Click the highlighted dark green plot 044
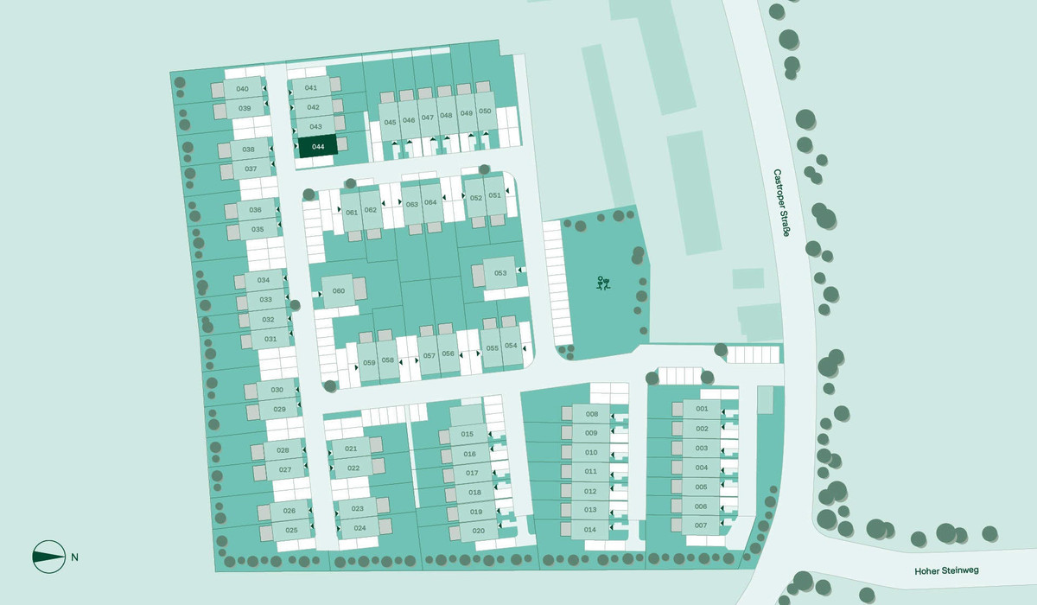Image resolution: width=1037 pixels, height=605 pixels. pos(318,146)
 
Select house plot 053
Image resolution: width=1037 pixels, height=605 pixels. pos(499,273)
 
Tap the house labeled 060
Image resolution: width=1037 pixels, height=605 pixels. pos(339,291)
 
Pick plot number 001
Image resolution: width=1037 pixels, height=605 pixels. pos(702,409)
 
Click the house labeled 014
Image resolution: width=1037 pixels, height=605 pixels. pos(591,529)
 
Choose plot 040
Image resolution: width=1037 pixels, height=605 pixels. pos(242,90)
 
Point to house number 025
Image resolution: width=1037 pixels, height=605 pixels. pos(291,530)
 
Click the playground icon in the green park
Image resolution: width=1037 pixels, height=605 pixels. pos(603,283)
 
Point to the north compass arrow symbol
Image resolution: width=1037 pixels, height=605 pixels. pos(48,557)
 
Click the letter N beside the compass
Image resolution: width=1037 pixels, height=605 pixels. pos(75,557)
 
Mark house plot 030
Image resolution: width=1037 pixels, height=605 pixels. pos(277,391)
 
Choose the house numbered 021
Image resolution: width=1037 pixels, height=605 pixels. pos(351,449)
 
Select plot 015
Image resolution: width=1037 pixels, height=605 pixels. pos(468,434)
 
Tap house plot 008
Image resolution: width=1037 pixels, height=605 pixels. pos(591,414)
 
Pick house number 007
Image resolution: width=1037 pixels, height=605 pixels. pos(701,525)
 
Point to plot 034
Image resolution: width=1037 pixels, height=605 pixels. pos(264,281)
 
